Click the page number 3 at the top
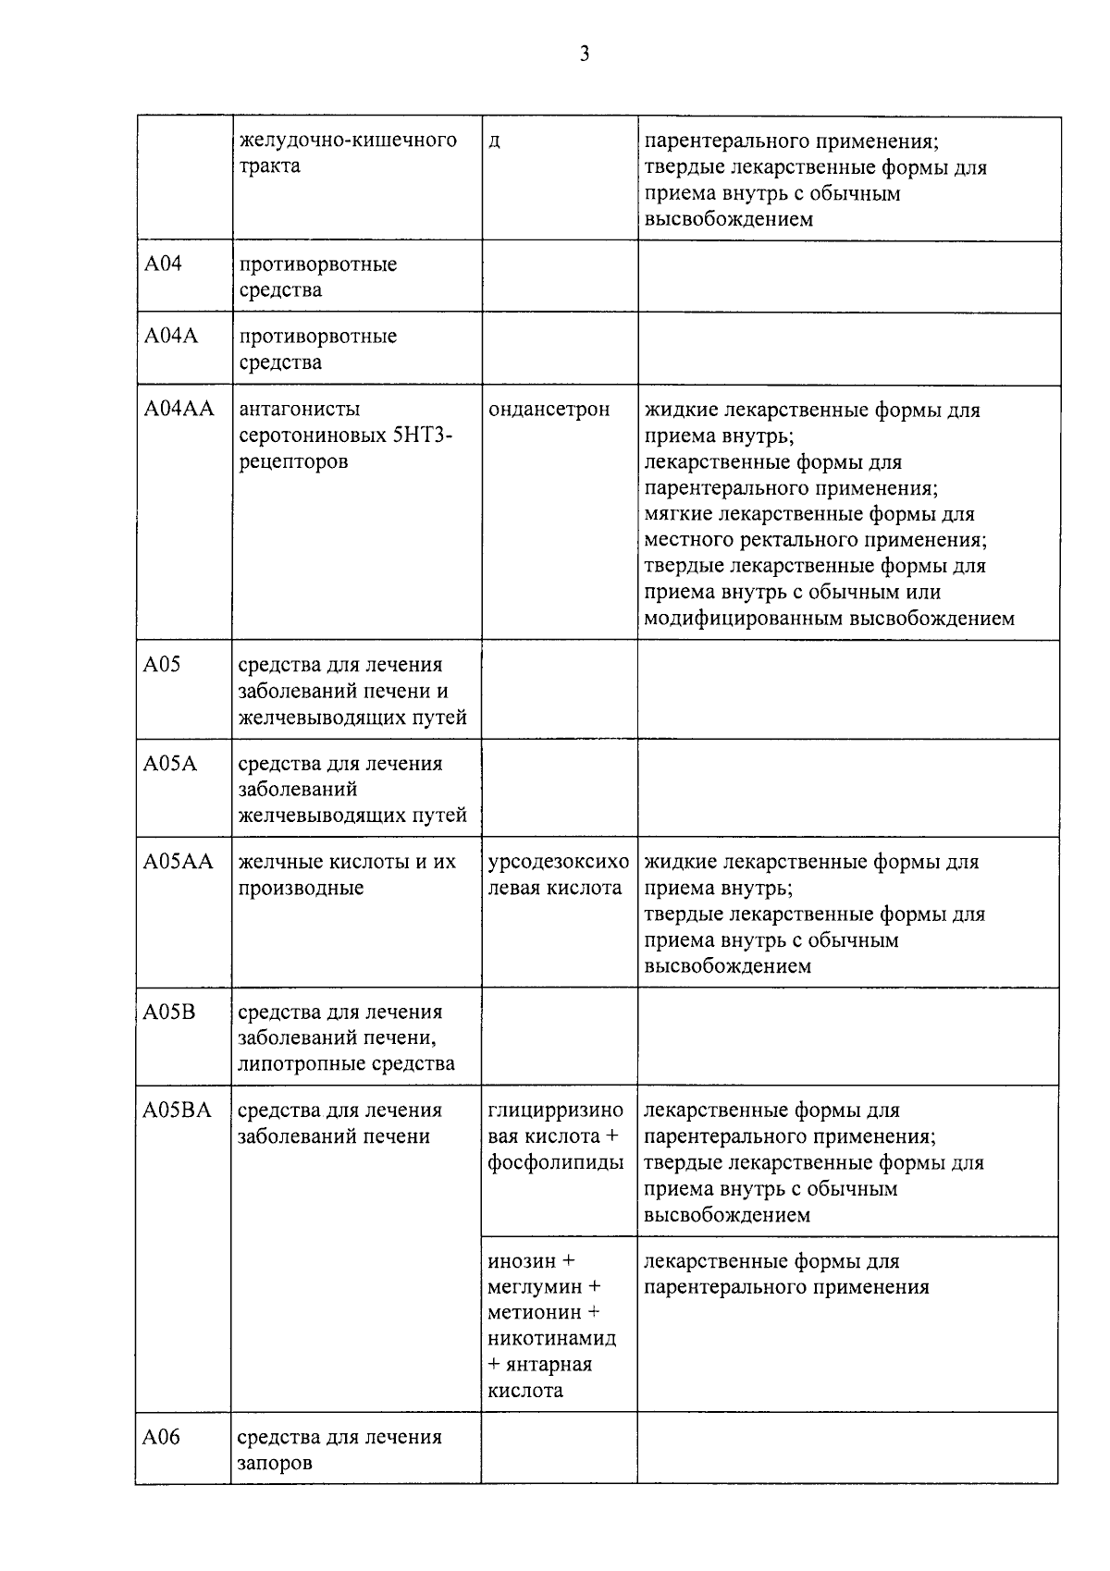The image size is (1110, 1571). [584, 54]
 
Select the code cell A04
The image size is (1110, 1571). [164, 264]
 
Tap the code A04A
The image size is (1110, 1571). [171, 337]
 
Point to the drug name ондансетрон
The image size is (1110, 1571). [549, 409]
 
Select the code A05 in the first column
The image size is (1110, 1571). [163, 665]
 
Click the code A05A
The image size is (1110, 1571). [170, 764]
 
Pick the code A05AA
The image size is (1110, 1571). [179, 862]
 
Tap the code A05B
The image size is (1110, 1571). [170, 1012]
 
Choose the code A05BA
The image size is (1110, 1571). [178, 1111]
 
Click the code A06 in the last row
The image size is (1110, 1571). [162, 1437]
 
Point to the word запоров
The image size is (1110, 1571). [275, 1464]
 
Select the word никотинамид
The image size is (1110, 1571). [552, 1338]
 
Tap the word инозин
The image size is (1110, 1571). [522, 1260]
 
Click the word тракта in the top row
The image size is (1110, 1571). [269, 166]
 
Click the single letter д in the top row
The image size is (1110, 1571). [495, 141]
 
